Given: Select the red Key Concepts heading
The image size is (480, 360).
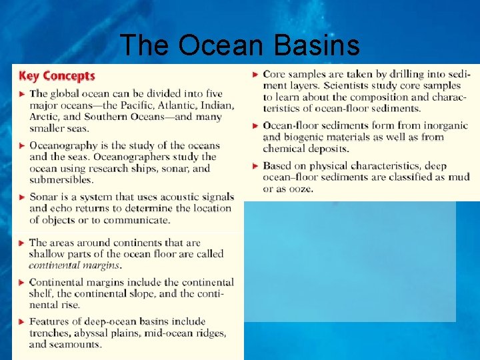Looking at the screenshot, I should [x=57, y=76].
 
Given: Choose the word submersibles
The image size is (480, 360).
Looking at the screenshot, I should [x=61, y=179].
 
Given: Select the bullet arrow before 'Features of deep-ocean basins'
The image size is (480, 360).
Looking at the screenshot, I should [x=21, y=322].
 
